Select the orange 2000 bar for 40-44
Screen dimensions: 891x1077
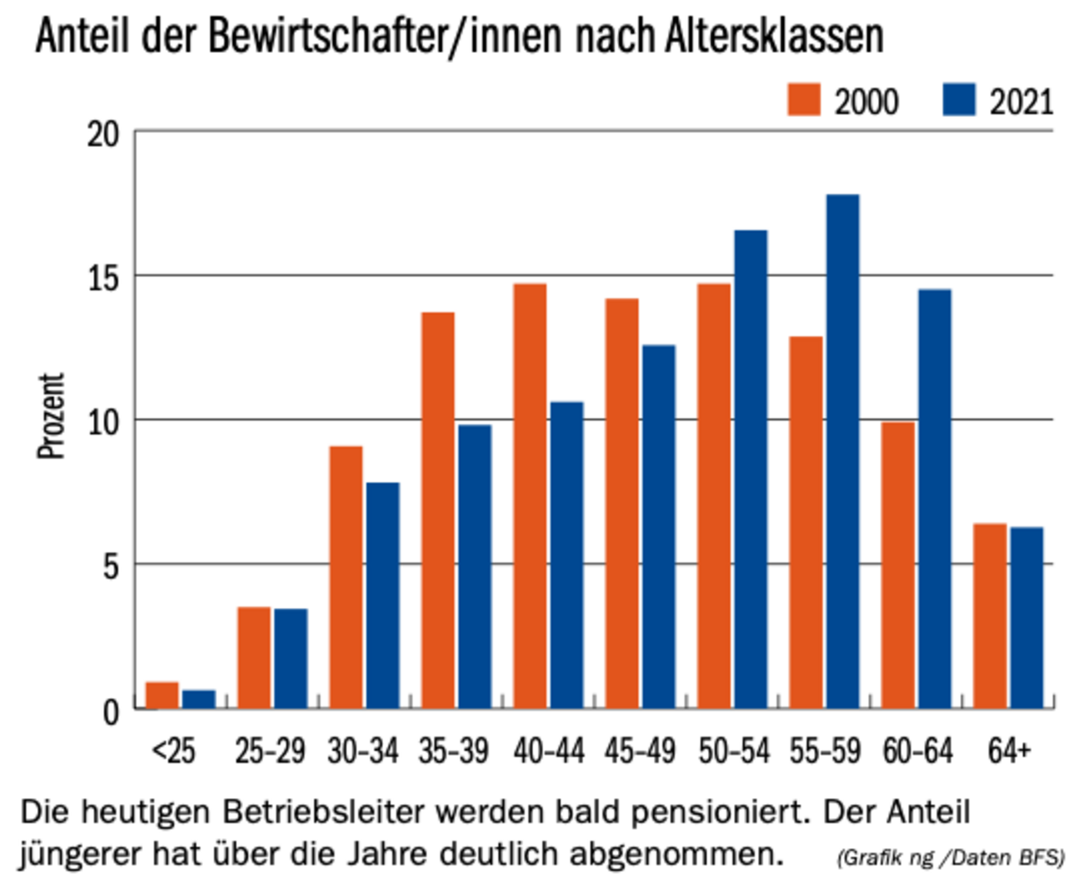530,496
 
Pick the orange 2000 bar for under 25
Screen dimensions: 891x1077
162,696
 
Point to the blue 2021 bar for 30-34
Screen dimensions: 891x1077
382,596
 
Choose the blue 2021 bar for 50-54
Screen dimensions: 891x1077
751,469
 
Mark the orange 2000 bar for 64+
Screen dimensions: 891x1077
990,616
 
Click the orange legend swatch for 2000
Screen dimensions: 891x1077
804,100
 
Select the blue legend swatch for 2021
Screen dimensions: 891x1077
959,100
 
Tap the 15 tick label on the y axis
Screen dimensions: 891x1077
104,278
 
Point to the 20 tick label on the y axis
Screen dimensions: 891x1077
104,135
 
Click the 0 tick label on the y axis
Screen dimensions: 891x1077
112,712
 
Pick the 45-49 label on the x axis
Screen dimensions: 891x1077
640,751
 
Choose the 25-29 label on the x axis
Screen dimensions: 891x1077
270,751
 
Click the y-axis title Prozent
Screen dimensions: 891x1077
52,416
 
